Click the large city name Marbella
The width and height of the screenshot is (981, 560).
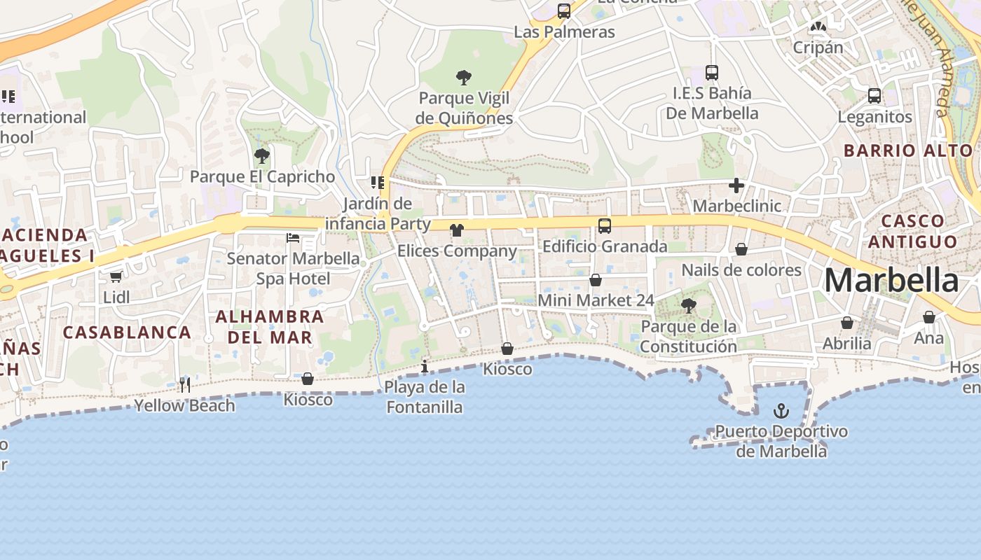click(891, 281)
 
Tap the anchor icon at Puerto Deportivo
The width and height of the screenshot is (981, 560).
click(781, 411)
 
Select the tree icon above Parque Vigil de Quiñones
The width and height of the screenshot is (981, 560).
click(463, 78)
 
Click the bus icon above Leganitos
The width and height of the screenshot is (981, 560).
click(874, 96)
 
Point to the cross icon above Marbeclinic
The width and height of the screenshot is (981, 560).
click(736, 185)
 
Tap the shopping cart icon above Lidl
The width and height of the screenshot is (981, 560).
click(116, 276)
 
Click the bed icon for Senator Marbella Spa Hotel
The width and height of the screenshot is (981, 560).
click(293, 238)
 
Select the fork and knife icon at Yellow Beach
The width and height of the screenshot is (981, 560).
click(185, 384)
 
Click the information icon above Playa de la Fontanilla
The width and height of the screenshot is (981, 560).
click(424, 366)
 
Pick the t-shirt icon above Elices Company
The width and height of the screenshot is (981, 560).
click(456, 230)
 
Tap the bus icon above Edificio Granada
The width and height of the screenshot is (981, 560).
click(604, 226)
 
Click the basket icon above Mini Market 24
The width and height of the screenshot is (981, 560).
click(595, 280)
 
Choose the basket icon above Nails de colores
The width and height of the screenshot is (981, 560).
click(741, 249)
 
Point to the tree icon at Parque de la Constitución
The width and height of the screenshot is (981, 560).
click(688, 306)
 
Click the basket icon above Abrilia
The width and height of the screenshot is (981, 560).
click(846, 323)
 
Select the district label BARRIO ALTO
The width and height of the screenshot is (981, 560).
click(908, 150)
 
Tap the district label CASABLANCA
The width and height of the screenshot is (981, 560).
click(127, 332)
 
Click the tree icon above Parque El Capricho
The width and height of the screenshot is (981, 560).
click(262, 155)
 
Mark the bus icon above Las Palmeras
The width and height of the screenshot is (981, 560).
click(563, 11)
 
